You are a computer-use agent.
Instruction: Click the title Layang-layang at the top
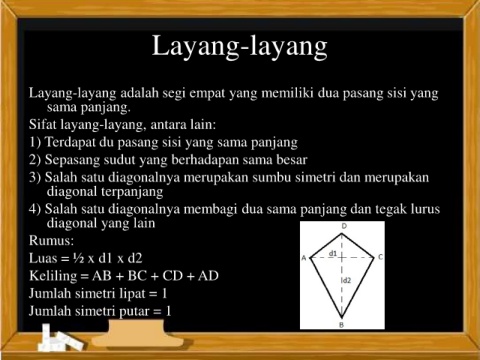(240, 47)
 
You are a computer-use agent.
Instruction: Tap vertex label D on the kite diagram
(344, 226)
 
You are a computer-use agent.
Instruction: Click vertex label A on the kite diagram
(304, 258)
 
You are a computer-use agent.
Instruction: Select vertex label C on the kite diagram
(381, 257)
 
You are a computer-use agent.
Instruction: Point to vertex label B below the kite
(342, 325)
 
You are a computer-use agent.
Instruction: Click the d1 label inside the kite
(333, 253)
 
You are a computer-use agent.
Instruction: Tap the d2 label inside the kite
(347, 280)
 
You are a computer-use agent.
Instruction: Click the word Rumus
(51, 240)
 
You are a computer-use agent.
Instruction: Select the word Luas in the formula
(41, 258)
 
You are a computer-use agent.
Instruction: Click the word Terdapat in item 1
(70, 142)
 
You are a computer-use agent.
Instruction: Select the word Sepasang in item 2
(72, 160)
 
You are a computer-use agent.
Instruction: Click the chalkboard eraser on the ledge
(137, 334)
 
